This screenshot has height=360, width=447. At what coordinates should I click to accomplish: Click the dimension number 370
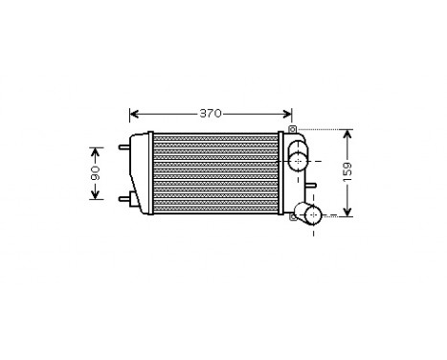211,114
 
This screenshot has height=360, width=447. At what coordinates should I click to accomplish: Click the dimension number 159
347,173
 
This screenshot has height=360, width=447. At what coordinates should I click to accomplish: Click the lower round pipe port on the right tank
309,213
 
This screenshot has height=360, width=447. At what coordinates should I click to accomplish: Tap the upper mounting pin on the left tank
122,147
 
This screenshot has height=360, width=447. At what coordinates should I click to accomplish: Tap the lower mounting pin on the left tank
122,199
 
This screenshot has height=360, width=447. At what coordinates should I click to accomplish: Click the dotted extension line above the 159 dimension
321,128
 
